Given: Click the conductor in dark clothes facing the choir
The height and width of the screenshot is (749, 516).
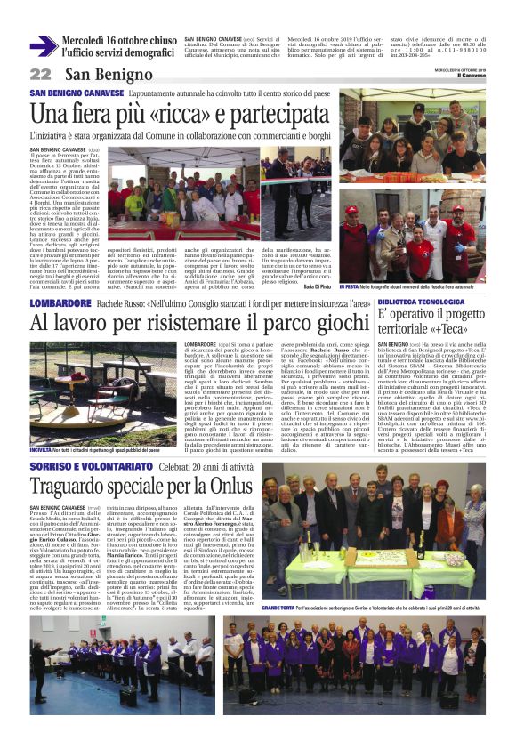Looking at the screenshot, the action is click(x=173, y=673).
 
